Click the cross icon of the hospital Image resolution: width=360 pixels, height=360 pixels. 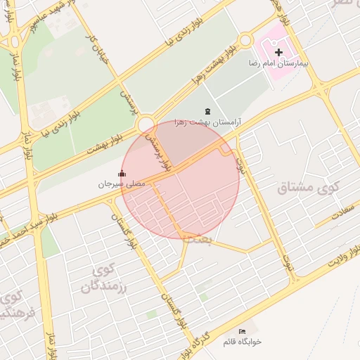[278, 52]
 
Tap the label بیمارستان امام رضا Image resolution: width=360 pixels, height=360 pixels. [278, 64]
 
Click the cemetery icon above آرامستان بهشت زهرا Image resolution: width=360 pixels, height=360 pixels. [207, 111]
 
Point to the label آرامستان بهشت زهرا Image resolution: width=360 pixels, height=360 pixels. [207, 122]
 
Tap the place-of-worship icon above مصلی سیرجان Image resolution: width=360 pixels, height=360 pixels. [122, 174]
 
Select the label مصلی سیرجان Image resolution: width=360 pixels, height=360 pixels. [122, 184]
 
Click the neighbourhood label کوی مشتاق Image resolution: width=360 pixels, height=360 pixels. [309, 188]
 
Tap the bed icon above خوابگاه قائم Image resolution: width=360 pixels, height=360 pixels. [242, 331]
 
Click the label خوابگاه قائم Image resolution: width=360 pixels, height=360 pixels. [242, 341]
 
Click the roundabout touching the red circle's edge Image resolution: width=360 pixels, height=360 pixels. [146, 125]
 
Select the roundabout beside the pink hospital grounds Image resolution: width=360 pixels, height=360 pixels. [245, 40]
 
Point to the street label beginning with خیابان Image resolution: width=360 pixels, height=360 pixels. [98, 45]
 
